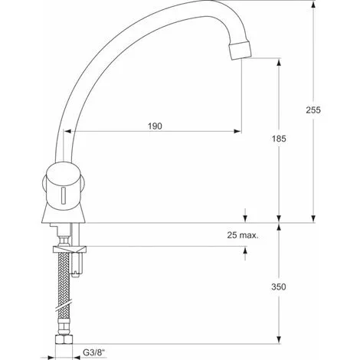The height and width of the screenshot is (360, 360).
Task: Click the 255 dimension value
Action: (x=313, y=110)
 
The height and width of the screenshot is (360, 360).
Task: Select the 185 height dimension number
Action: (x=279, y=139)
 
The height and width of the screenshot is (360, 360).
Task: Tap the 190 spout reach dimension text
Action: (x=155, y=126)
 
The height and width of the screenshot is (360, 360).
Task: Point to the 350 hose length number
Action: (x=279, y=286)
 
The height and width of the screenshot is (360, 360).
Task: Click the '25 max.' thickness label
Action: (x=243, y=235)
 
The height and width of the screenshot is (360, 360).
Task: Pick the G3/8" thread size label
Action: (x=94, y=353)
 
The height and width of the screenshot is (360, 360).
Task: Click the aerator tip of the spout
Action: (x=240, y=51)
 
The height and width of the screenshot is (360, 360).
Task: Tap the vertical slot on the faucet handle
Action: (x=64, y=196)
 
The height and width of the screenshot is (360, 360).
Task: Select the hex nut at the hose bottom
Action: (x=64, y=339)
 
